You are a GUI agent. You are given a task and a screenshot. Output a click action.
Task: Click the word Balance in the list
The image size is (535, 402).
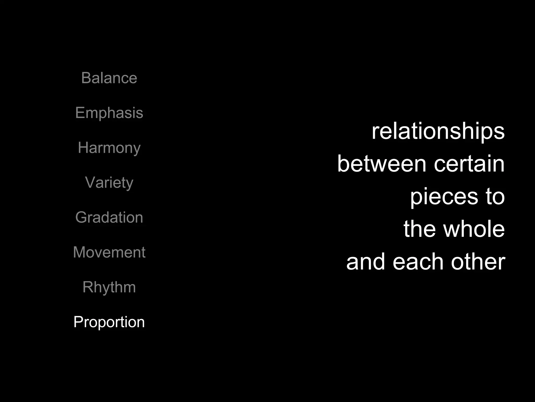pos(109,78)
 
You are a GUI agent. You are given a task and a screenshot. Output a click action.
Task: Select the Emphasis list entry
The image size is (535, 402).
pos(109,113)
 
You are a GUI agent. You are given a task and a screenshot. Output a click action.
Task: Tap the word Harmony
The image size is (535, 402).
pos(109,148)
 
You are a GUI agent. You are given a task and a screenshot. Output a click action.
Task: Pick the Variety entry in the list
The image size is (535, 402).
pos(109,182)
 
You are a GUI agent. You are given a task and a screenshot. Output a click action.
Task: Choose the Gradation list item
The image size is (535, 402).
pos(109,217)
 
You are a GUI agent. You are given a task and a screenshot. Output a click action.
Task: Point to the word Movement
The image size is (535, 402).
pos(109,252)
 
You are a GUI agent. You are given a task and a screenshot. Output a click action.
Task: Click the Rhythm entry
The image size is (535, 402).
pos(109,287)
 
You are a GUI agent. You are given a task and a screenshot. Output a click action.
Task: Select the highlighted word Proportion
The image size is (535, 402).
pos(109,322)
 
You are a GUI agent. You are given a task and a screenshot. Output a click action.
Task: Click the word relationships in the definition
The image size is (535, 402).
pos(438,131)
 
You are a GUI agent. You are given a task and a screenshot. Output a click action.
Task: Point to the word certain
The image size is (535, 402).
pos(469,164)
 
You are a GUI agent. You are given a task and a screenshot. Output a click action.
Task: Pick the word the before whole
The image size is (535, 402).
pos(420,229)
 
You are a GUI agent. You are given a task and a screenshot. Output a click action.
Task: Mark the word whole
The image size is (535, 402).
pos(474,229)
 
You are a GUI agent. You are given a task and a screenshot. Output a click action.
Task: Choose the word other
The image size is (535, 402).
pos(478,262)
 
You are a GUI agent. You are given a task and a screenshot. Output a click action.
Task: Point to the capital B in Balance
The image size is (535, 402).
pos(86,78)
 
